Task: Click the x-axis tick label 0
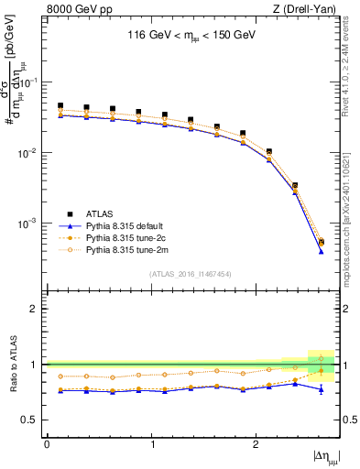(47, 443)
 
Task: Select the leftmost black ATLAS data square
(60, 106)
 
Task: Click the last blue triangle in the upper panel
(321, 251)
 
